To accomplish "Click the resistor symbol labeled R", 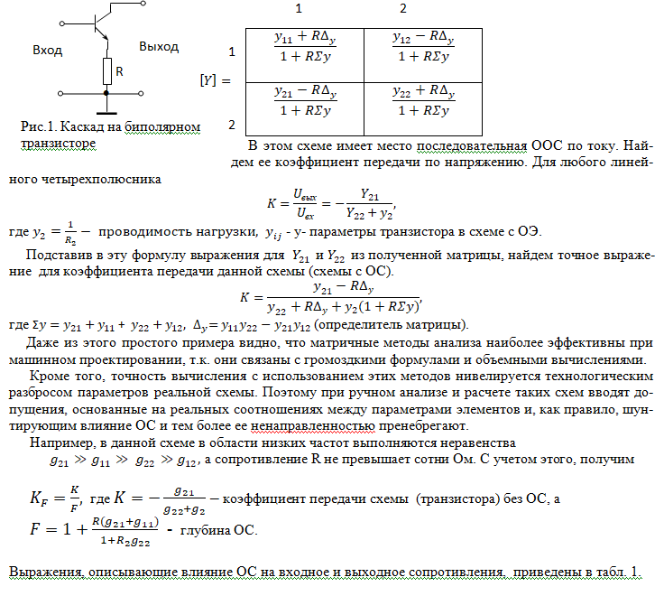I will click(x=106, y=70).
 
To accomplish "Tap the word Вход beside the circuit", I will click(x=47, y=50).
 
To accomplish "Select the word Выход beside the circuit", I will click(x=159, y=46).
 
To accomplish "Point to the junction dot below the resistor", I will click(x=106, y=92).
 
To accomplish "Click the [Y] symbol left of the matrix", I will click(x=209, y=80).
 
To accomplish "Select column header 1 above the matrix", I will click(x=299, y=9).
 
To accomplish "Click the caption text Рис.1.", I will click(x=37, y=126).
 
